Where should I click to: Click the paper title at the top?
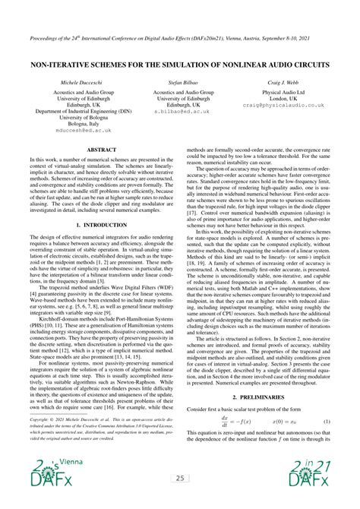180,66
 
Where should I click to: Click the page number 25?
180,479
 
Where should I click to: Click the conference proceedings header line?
180,36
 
